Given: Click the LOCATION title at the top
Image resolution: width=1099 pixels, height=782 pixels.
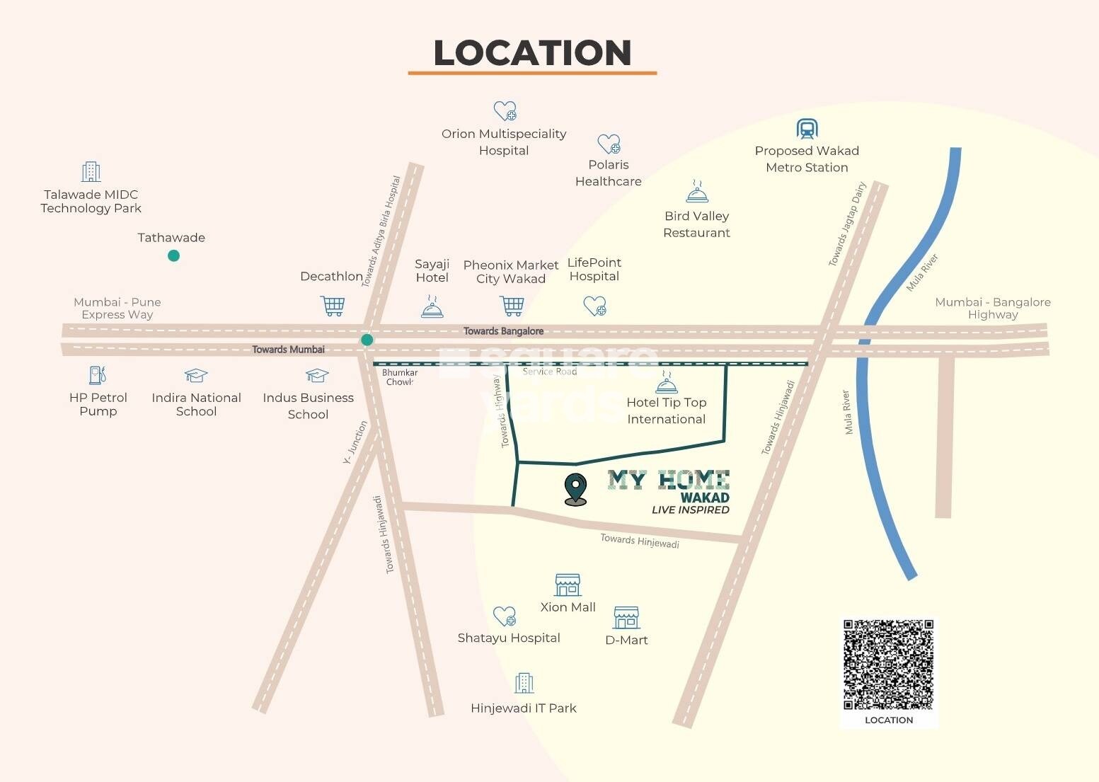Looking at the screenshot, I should (532, 53).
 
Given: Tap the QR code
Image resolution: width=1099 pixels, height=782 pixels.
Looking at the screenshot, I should (888, 665).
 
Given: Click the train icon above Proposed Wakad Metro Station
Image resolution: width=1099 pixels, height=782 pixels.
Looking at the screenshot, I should (807, 129).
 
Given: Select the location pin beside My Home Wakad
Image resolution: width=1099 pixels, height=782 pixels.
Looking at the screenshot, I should (576, 489).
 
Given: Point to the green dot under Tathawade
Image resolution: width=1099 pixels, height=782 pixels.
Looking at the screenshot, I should (173, 255).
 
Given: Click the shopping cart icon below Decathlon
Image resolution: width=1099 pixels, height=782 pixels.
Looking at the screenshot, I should (333, 306).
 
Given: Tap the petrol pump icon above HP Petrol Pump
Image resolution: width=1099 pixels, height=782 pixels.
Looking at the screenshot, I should (98, 375).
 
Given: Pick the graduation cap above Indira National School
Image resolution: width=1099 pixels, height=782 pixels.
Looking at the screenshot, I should (196, 375).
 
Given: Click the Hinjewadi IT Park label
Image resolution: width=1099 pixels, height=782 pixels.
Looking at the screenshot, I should (524, 708).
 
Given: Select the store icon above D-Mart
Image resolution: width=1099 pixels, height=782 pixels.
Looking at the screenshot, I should (626, 617).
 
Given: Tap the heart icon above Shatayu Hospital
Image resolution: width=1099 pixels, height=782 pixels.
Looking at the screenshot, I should (505, 616).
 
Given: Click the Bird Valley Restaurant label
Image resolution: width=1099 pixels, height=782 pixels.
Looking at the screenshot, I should (696, 224).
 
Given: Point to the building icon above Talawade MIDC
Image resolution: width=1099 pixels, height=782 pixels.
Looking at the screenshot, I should (91, 172).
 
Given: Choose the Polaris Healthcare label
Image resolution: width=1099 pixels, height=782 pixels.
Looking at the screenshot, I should (609, 173).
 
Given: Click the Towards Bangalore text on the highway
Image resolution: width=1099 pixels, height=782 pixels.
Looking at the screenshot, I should (503, 331).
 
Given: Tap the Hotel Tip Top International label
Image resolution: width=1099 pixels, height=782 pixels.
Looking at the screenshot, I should (666, 410).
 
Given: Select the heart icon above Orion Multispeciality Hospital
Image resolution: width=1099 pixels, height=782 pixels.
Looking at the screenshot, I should (505, 111).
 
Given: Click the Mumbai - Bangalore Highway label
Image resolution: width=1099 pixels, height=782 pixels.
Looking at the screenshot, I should (992, 308).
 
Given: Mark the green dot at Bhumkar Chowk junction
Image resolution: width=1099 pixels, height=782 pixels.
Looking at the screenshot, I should (367, 340).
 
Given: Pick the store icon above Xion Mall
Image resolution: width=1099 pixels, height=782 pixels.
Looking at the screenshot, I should (568, 585).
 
